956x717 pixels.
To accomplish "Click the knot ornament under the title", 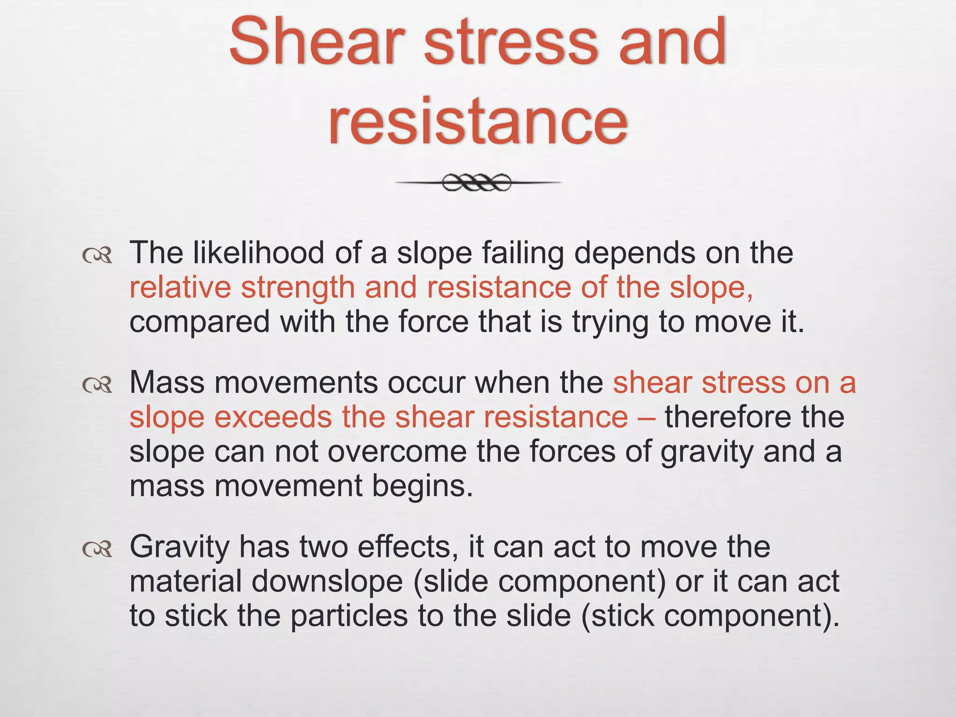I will pos(477,183).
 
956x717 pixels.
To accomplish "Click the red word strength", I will pos(298,288).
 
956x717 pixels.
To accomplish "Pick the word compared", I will pos(199,323).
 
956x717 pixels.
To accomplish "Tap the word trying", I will pos(611,323).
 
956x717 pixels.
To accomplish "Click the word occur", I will pos(425,382).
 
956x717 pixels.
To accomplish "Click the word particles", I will pos(349,616).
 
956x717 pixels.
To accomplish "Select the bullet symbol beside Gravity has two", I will pos(97,549).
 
